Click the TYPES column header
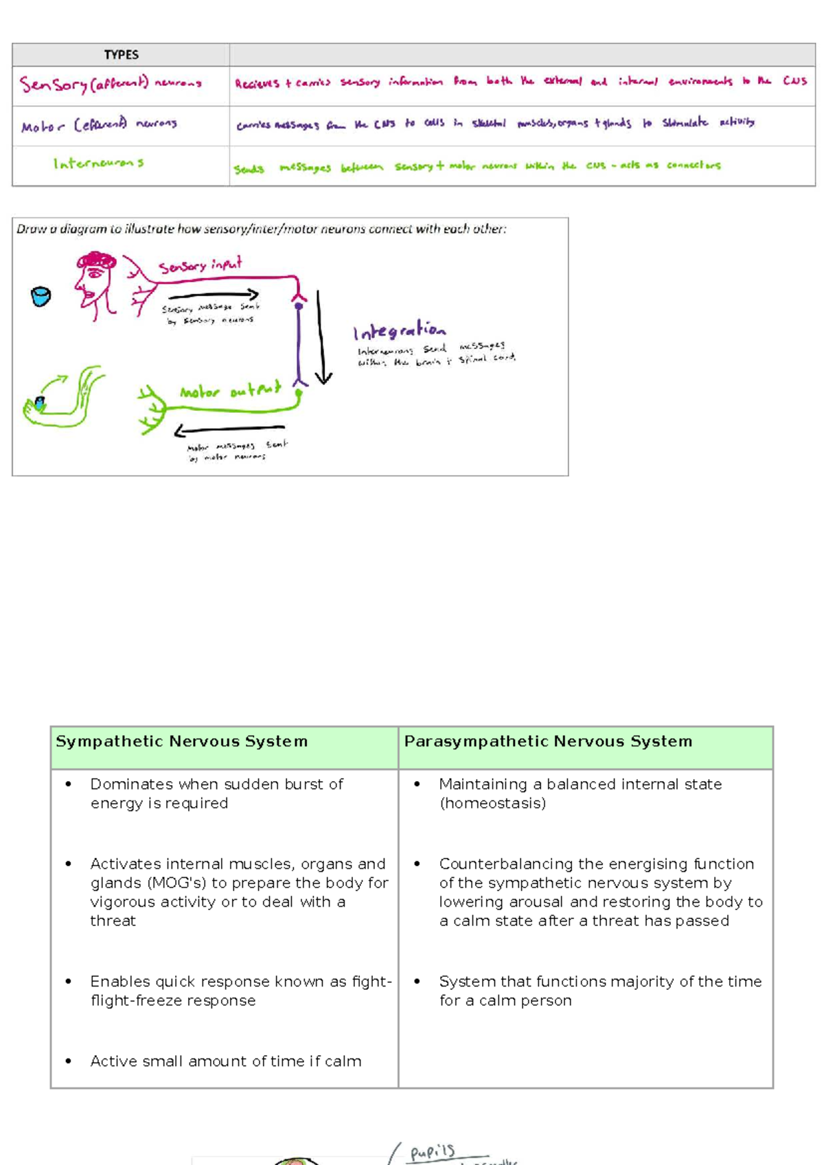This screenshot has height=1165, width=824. tap(121, 55)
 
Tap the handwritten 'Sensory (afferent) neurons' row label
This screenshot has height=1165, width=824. tap(111, 84)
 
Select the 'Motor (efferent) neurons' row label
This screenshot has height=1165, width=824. tap(99, 125)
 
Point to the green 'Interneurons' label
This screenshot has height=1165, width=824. tap(98, 163)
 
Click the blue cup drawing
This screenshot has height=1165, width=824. tap(41, 296)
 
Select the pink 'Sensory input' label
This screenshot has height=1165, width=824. tap(200, 265)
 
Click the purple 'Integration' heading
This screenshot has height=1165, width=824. tap(399, 331)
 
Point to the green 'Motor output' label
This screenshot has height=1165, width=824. tap(230, 391)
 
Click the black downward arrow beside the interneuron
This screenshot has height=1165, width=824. tap(321, 337)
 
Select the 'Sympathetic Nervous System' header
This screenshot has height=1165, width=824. tap(181, 741)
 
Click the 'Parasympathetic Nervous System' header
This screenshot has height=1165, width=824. tap(548, 741)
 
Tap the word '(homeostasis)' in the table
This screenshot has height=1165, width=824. tap(493, 803)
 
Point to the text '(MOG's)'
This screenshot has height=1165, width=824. tap(176, 883)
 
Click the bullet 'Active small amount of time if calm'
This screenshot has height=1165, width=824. tap(225, 1061)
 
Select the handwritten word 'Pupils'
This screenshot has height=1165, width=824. tap(433, 1151)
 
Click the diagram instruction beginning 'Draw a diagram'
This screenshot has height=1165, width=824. tap(261, 229)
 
